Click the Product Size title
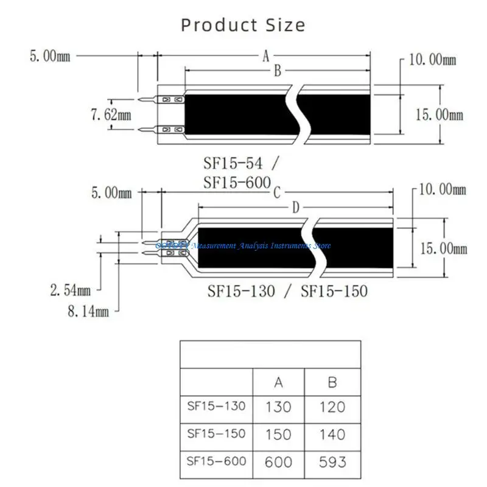click(243, 25)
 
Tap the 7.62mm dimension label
click(111, 115)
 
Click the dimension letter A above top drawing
click(266, 57)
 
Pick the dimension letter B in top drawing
click(276, 72)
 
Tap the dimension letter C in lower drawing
click(276, 194)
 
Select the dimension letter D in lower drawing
click(296, 208)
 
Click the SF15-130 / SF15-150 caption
click(285, 291)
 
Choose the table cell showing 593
click(332, 461)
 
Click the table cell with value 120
click(332, 407)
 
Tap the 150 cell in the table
click(278, 434)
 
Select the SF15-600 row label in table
click(217, 461)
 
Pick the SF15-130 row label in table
click(217, 406)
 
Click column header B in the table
click(332, 383)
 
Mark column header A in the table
click(278, 383)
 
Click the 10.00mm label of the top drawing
click(432, 60)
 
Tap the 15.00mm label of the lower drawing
click(443, 248)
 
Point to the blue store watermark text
click(243, 245)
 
